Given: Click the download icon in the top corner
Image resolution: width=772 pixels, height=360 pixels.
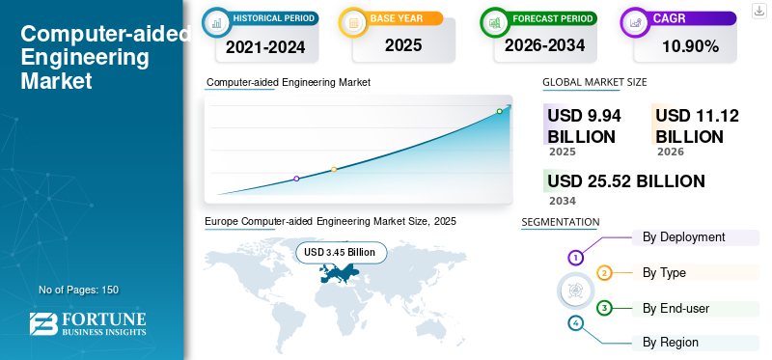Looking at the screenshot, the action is [759, 11].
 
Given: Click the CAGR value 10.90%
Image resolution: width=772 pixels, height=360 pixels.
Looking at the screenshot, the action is [690, 46].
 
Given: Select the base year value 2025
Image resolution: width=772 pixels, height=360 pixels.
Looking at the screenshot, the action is [403, 45].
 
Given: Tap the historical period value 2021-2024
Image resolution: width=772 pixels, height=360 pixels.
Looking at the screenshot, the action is [265, 47].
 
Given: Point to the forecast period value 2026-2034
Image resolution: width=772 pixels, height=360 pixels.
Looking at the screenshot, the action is [544, 45].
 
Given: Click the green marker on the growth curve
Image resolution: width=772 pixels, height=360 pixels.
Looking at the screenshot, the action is [499, 111].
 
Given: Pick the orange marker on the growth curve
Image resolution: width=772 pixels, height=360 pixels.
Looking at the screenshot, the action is [334, 170].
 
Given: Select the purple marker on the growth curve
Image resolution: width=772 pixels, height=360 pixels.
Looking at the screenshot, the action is [296, 179].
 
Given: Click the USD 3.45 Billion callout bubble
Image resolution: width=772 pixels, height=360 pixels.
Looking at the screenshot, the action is [342, 253].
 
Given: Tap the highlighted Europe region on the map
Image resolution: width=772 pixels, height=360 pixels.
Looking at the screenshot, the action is [340, 272].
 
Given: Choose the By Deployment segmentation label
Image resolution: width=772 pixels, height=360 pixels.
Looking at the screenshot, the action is [684, 237].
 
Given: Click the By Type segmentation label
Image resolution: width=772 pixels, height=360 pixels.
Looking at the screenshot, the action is [664, 272].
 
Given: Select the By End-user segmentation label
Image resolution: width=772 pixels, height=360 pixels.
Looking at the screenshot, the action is [676, 309].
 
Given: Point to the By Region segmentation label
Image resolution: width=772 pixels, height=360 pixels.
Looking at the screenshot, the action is [671, 343].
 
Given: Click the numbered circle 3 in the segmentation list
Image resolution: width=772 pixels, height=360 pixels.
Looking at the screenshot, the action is [604, 309].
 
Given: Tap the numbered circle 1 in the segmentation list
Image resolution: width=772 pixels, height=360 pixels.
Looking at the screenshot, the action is [575, 257].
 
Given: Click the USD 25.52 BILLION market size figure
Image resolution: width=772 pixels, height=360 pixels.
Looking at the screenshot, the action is [626, 181].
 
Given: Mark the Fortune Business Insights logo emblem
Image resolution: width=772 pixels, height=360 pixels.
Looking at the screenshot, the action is [43, 324].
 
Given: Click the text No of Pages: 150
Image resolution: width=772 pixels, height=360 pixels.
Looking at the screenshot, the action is [79, 290].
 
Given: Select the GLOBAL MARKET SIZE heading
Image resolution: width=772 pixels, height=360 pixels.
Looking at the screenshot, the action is [594, 82].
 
